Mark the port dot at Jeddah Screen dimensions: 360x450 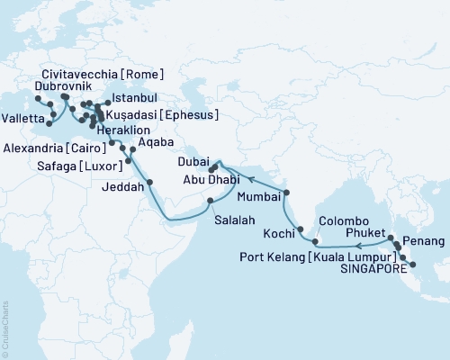[149, 182]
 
